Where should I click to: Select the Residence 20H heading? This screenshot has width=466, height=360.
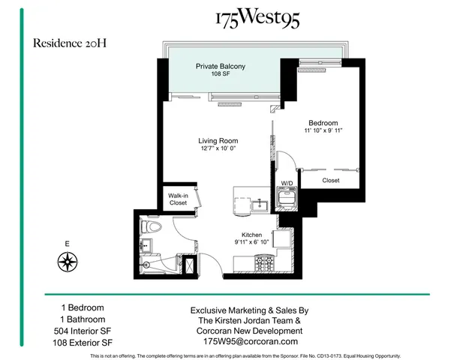coord(69,43)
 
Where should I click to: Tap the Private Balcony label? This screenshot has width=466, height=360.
coord(220,67)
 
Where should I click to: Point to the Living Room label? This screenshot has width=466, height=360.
coord(218,140)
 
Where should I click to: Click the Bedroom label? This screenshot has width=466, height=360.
coord(323,123)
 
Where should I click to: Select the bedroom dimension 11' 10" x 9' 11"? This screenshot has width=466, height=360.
coord(323,133)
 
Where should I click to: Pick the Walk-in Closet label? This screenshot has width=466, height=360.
coord(178,199)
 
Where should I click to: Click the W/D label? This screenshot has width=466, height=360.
coord(287,182)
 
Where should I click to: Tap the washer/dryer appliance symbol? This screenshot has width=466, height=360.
coord(287,198)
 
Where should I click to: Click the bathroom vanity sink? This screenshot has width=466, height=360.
coord(146,245)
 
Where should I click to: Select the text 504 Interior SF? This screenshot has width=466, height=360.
coord(83,331)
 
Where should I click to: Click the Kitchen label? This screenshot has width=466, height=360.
coord(251,234)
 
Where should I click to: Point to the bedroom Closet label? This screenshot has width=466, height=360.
coord(331,181)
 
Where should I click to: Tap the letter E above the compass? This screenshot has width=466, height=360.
coord(68,244)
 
